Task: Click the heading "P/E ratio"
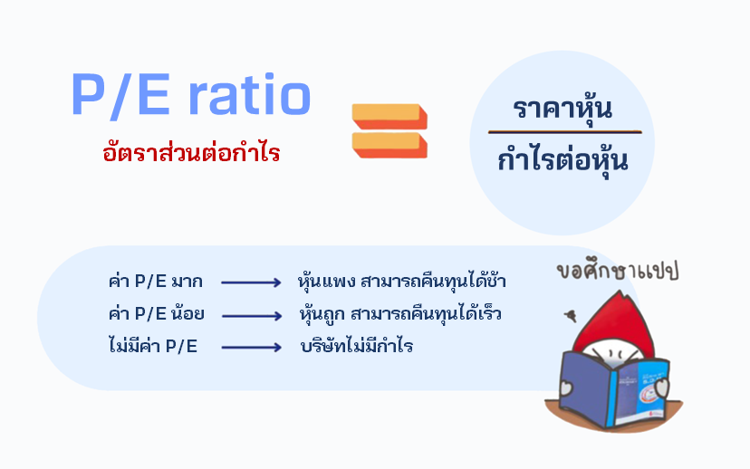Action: (x=191, y=96)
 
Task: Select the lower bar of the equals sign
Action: (x=389, y=145)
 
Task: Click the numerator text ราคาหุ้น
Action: (x=562, y=109)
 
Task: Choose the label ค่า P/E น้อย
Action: (x=156, y=314)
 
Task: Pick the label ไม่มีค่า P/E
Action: (x=152, y=346)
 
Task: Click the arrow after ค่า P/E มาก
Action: (x=251, y=282)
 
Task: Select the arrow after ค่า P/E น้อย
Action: (x=251, y=315)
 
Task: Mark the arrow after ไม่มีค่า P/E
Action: (x=251, y=347)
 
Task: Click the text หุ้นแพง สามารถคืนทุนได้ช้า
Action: (x=402, y=282)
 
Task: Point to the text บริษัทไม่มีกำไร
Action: (x=356, y=346)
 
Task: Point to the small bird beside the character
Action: (x=569, y=316)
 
